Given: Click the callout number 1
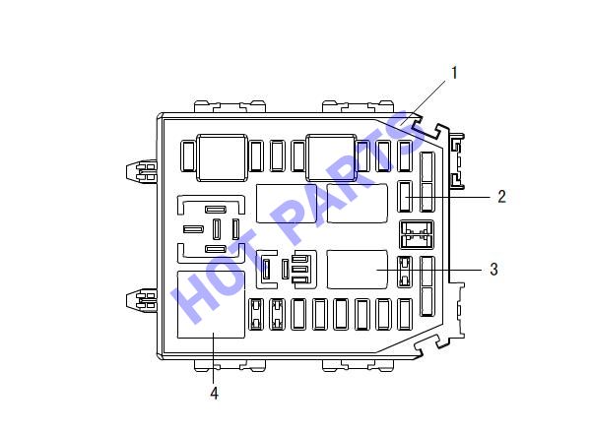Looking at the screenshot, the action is click(454, 73).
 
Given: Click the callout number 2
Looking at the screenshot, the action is click(501, 197).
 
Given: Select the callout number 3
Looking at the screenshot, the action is click(493, 270).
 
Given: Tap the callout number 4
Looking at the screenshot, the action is click(214, 393).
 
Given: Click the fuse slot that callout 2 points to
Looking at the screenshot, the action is click(405, 196).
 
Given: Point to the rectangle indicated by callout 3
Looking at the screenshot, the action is click(357, 270).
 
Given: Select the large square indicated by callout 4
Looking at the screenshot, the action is click(211, 304).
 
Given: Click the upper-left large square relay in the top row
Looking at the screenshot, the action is click(222, 157).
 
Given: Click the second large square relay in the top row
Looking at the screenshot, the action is click(331, 157).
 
